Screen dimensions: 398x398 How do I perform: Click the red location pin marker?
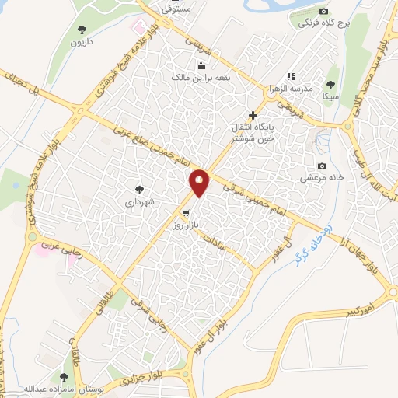[x=200, y=182]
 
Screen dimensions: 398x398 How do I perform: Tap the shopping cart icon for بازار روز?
[x=185, y=212]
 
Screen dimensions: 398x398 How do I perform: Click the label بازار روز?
[x=187, y=224]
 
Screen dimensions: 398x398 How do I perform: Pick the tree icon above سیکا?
[x=331, y=84]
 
